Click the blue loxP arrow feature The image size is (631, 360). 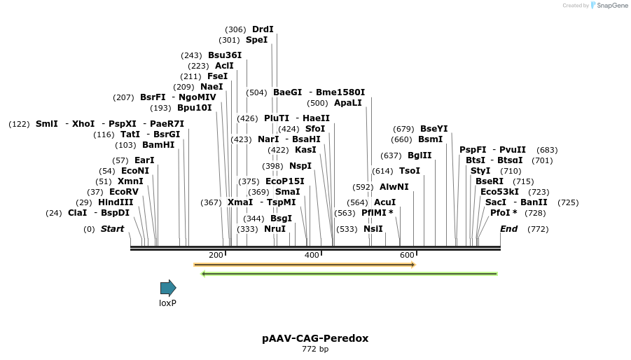pos(168,288)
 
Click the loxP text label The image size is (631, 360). pos(167,303)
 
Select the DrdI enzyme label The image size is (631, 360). pos(263,29)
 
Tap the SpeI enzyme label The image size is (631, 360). pos(256,40)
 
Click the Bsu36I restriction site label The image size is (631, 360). pos(225,55)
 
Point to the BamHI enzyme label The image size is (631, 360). pos(158,145)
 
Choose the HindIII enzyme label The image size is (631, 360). pos(116,202)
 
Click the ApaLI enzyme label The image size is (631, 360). pos(348,103)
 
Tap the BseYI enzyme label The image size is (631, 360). pos(434,129)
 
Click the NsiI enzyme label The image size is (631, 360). pos(373,229)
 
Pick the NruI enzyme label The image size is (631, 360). pos(275,229)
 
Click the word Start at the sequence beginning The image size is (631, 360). pos(112,229)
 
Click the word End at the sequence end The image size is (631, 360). pos(509,229)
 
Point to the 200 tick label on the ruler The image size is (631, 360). pos(216,255)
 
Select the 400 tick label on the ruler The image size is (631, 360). pos(312,255)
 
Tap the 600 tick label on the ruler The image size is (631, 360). pos(407,255)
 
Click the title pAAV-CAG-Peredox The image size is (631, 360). pos(315,338)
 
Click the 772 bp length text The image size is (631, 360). pos(315,349)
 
